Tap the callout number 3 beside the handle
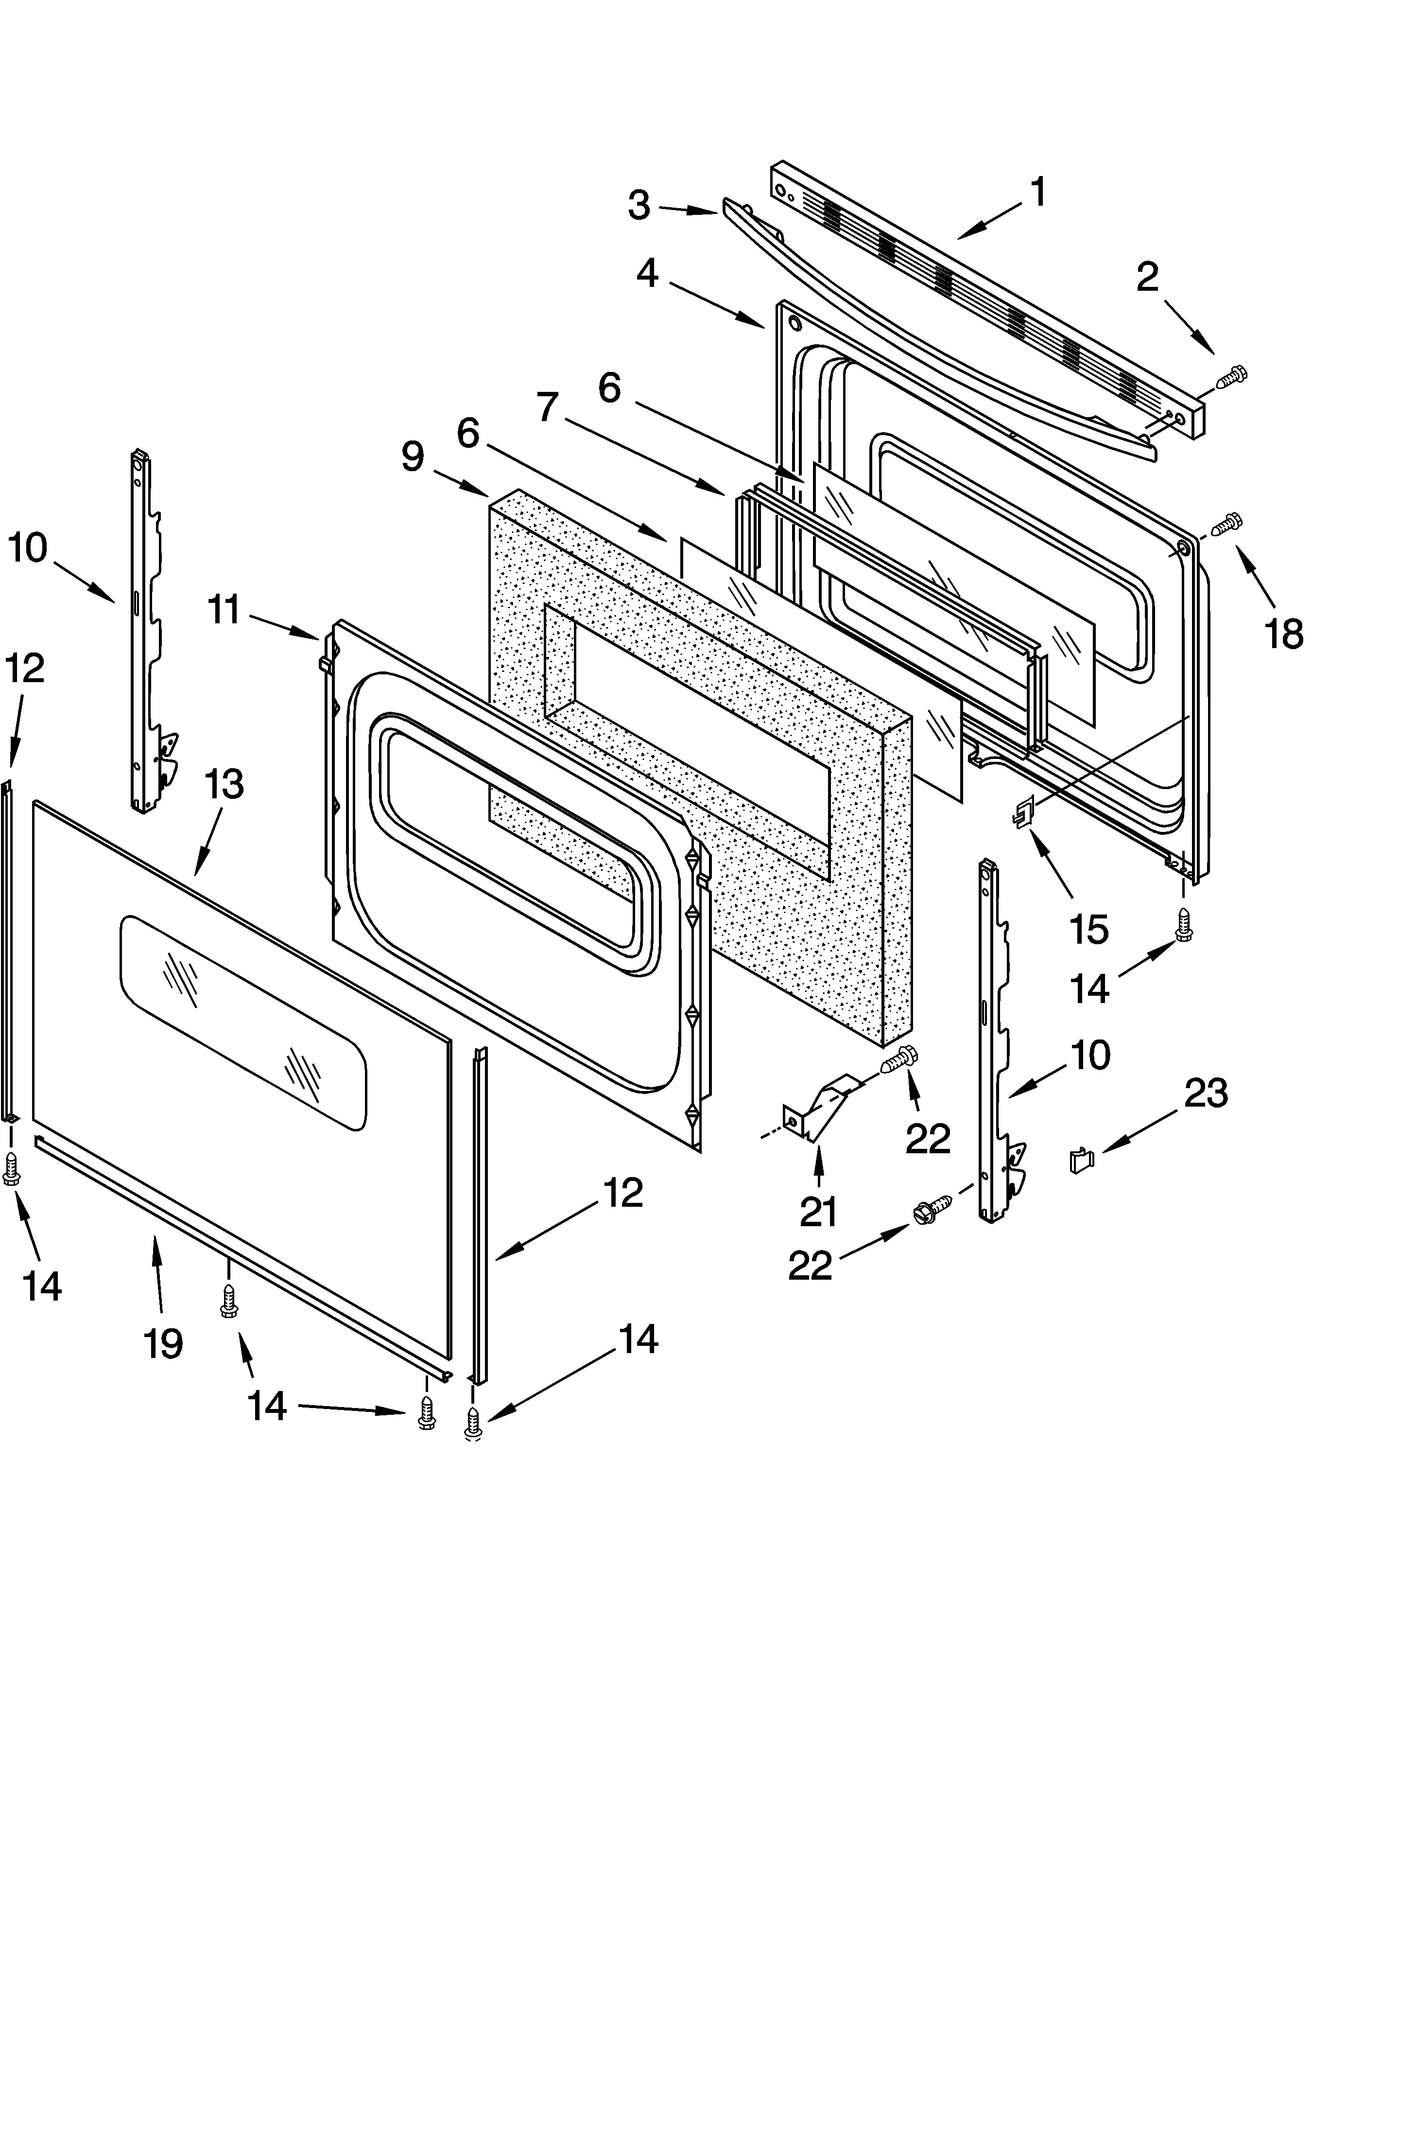pyautogui.click(x=639, y=206)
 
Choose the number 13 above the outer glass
pyautogui.click(x=224, y=784)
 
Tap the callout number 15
pyautogui.click(x=1088, y=929)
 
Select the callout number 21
pyautogui.click(x=818, y=1211)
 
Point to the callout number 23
pyautogui.click(x=1206, y=1093)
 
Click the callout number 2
pyautogui.click(x=1147, y=277)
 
